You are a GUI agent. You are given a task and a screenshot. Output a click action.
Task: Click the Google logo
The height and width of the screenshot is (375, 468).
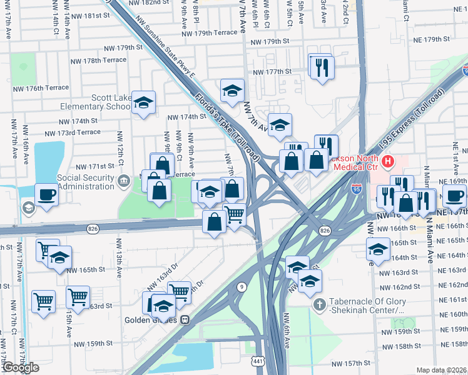[x=20, y=367]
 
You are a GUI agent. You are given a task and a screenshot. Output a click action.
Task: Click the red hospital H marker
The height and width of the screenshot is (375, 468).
[x=388, y=162]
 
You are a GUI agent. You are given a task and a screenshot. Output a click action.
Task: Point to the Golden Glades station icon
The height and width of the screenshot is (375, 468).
[x=185, y=319]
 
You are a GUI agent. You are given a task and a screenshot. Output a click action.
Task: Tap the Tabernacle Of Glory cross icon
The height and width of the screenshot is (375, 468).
[x=318, y=304]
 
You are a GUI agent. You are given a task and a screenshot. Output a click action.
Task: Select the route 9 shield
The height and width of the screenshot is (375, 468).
[x=241, y=287]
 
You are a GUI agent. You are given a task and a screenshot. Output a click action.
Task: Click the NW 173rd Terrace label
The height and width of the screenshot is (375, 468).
[x=73, y=132]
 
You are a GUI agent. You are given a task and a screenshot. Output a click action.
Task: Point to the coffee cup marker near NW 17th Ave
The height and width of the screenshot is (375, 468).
[x=46, y=195]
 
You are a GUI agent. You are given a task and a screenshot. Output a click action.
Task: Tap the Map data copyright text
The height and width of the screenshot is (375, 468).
[x=441, y=370]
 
